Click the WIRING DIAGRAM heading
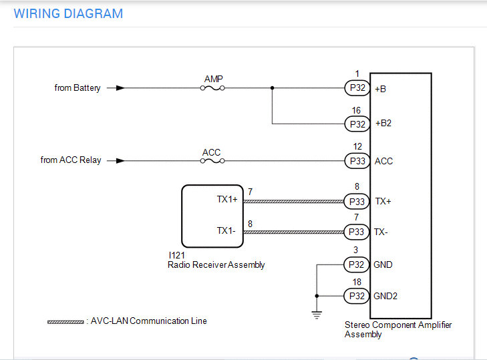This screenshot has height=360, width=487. [x=68, y=13]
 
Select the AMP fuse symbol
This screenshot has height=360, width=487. [x=212, y=88]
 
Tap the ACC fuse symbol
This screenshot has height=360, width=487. [x=212, y=161]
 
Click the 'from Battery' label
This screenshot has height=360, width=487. [x=77, y=88]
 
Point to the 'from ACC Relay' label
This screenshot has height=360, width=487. [x=71, y=160]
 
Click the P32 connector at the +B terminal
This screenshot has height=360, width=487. [x=357, y=88]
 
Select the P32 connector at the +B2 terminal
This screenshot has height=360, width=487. [x=357, y=124]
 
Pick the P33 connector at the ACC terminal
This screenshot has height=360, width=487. [x=357, y=161]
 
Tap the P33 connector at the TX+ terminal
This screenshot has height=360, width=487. [x=357, y=201]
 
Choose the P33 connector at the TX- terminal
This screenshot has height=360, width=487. [x=357, y=232]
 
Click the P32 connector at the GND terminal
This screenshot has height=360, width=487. [x=357, y=264]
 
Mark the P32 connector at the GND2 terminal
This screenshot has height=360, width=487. [x=357, y=296]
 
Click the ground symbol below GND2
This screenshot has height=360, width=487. [x=317, y=315]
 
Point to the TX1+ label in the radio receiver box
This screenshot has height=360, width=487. [x=227, y=199]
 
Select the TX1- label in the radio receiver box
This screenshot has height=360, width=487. [x=226, y=230]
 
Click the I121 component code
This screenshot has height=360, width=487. [x=177, y=255]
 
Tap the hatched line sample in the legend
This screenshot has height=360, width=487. [x=65, y=322]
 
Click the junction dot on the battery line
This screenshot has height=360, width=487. [x=272, y=88]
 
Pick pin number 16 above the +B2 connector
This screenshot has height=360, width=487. [x=356, y=110]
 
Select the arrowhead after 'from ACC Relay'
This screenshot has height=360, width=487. [x=120, y=161]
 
